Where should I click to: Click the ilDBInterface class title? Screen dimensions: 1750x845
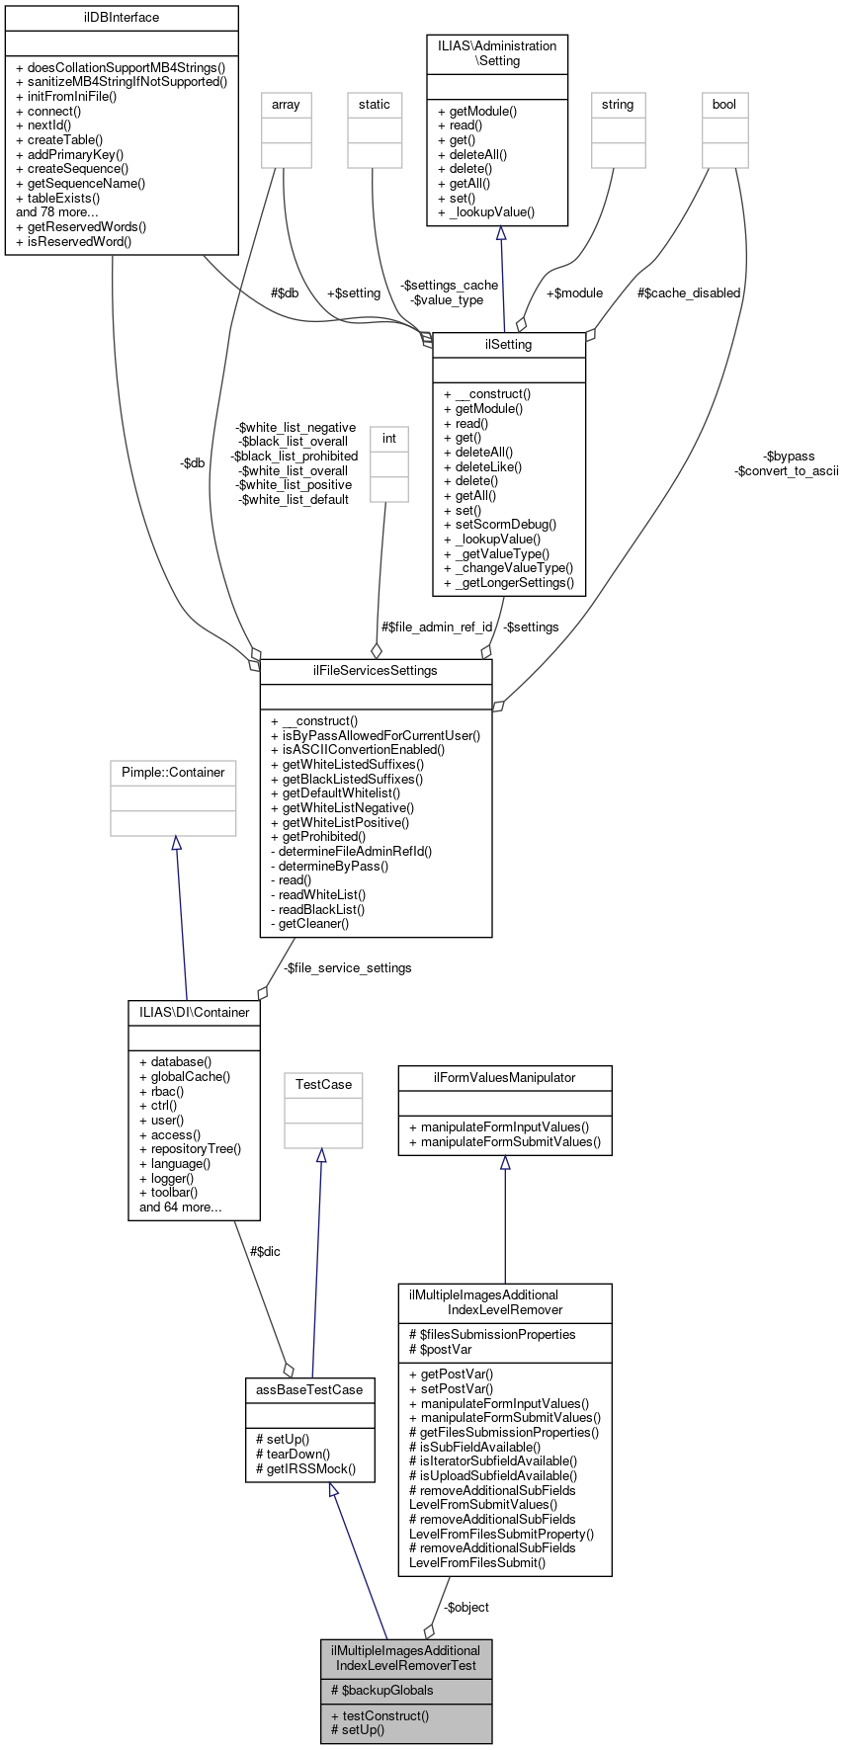pyautogui.click(x=122, y=18)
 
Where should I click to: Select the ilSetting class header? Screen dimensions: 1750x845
pyautogui.click(x=509, y=345)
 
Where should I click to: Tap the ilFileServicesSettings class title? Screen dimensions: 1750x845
pyautogui.click(x=376, y=671)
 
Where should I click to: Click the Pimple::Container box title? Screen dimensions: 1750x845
pyautogui.click(x=173, y=773)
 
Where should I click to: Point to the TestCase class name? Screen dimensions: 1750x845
pyautogui.click(x=323, y=1085)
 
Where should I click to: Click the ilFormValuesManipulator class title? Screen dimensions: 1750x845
pyautogui.click(x=505, y=1078)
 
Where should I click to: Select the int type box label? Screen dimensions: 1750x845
pyautogui.click(x=389, y=439)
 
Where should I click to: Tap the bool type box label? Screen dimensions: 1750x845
pyautogui.click(x=724, y=105)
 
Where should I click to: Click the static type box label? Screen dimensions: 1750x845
pyautogui.click(x=375, y=105)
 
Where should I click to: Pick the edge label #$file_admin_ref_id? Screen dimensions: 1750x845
pyautogui.click(x=437, y=626)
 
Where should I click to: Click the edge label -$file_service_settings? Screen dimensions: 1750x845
pyautogui.click(x=347, y=968)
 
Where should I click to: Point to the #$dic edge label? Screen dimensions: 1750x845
pyautogui.click(x=265, y=1252)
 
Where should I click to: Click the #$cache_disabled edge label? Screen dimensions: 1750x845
pyautogui.click(x=689, y=293)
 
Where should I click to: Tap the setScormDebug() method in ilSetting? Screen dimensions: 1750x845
pyautogui.click(x=500, y=525)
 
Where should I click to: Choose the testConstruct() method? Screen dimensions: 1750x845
pyautogui.click(x=380, y=1716)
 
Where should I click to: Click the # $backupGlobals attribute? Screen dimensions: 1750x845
pyautogui.click(x=381, y=1691)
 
